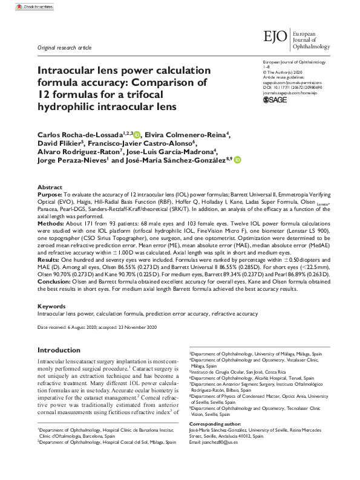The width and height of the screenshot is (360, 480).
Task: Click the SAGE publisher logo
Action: (277, 100)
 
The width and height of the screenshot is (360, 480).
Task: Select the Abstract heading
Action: (49, 188)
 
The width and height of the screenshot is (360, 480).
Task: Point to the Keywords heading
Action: (51, 306)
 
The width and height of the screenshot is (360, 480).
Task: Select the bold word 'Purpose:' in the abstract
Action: (50, 196)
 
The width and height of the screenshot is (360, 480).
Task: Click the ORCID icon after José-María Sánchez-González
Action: (237, 160)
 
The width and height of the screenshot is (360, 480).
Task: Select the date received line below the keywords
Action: (97, 327)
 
